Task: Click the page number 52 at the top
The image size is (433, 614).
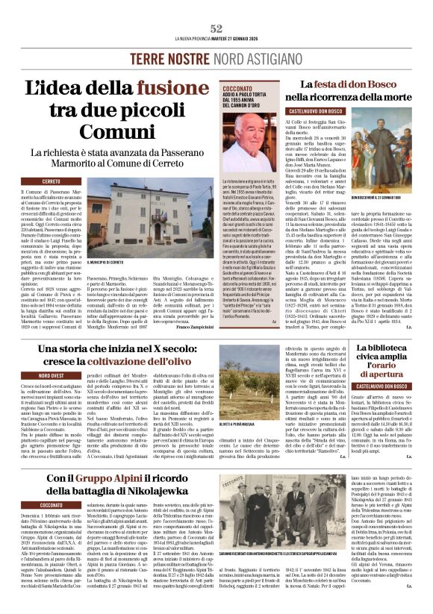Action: click(x=216, y=28)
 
